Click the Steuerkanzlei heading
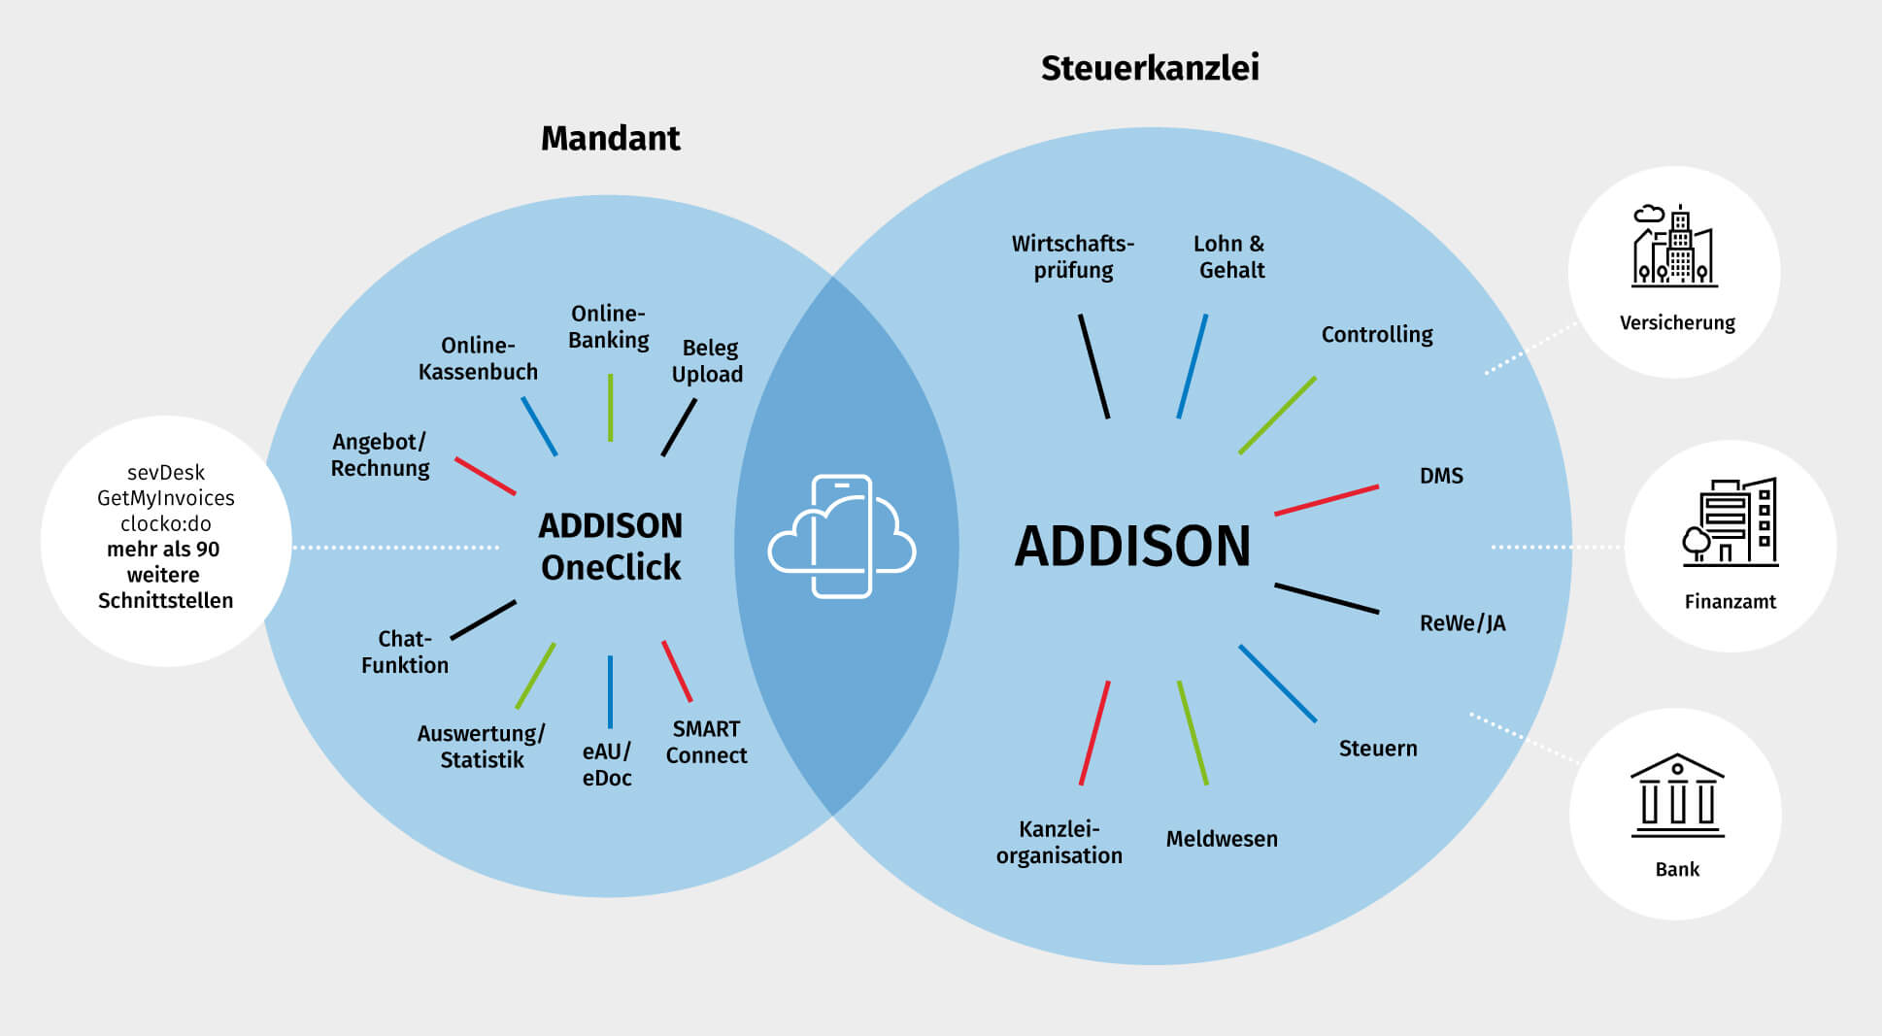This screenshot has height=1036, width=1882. point(1150,68)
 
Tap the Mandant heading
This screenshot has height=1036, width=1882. point(610,139)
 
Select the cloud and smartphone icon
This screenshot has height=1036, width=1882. point(842,537)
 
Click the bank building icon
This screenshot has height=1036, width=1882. point(1677,795)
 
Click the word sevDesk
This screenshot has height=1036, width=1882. point(166,473)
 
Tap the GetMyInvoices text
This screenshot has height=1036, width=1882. point(166,498)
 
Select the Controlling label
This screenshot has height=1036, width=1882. point(1376,335)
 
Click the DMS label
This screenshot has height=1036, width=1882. point(1441,476)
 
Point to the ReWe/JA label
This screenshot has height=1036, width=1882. point(1462,623)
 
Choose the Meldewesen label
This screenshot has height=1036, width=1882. point(1222,839)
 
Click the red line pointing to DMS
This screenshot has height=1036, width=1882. point(1327,500)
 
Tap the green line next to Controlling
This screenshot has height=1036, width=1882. point(1277,416)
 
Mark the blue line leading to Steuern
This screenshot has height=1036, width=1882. point(1277,684)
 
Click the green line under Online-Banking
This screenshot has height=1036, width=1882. point(610,408)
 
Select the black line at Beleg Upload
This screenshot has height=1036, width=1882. point(679,428)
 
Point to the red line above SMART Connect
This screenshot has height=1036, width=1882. point(677,671)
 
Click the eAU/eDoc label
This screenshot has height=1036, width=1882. point(607,765)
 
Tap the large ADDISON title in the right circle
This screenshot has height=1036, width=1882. point(1132,546)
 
